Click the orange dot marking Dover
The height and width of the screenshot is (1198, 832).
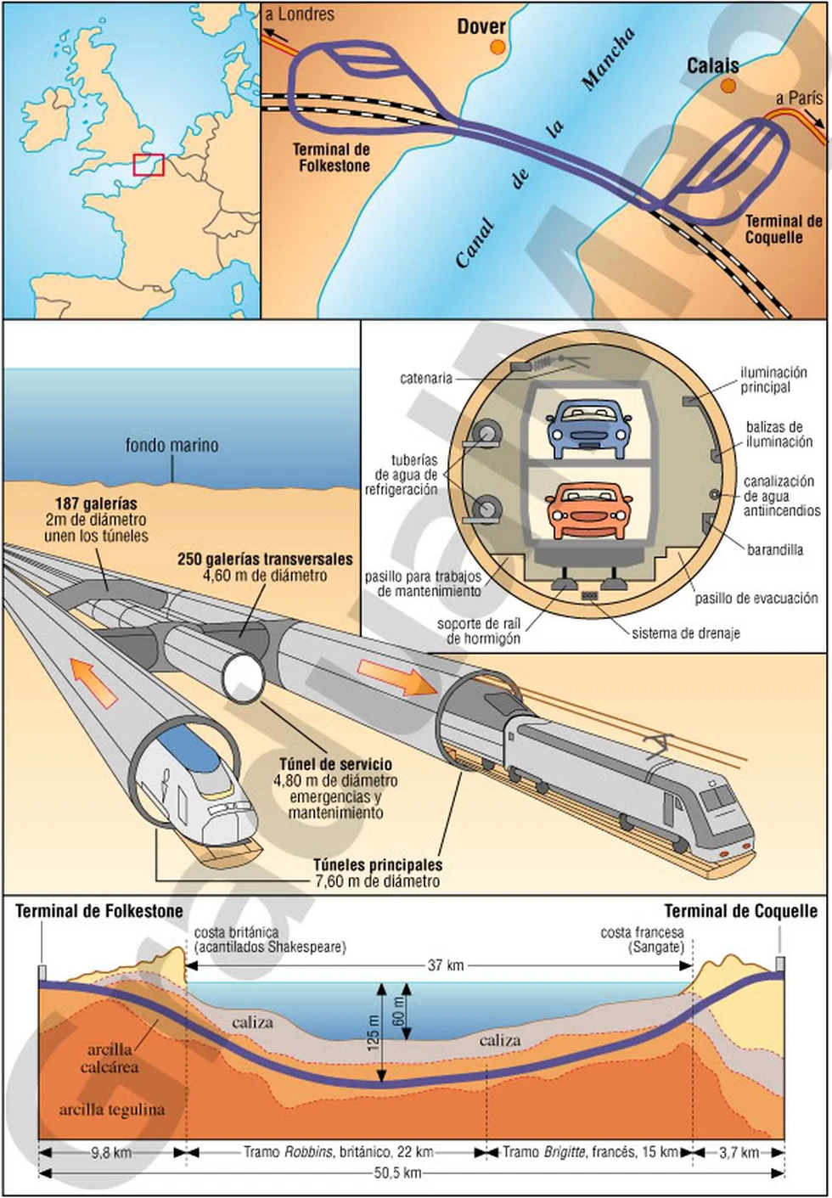497,48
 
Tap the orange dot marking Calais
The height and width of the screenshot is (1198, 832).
728,86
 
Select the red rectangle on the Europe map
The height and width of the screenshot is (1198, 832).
149,165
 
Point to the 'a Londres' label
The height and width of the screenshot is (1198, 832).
301,14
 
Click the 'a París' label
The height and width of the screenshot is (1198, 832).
799,98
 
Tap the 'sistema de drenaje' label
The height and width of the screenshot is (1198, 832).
685,633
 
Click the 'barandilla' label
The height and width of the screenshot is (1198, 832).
774,549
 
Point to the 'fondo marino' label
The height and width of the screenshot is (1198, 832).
171,445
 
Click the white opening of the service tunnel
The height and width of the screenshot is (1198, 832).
244,677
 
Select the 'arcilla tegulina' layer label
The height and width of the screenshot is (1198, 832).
112,1110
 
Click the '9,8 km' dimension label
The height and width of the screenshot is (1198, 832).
110,1152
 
